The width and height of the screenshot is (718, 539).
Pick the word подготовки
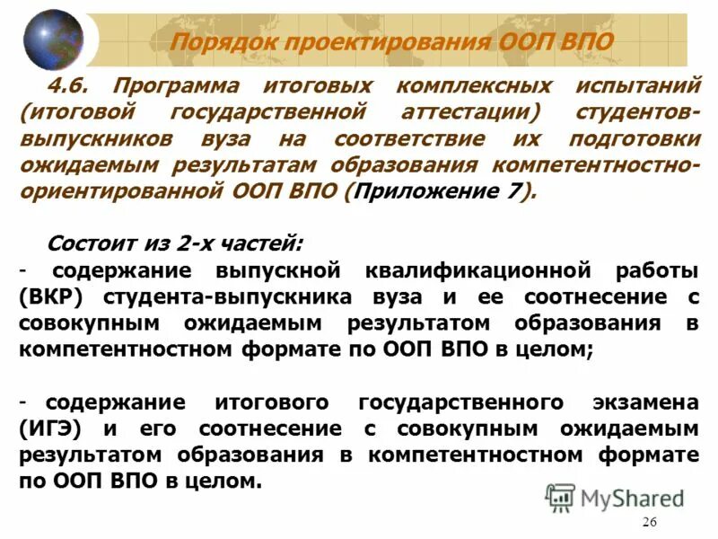pyautogui.click(x=634, y=140)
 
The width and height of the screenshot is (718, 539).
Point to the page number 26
pyautogui.click(x=650, y=524)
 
